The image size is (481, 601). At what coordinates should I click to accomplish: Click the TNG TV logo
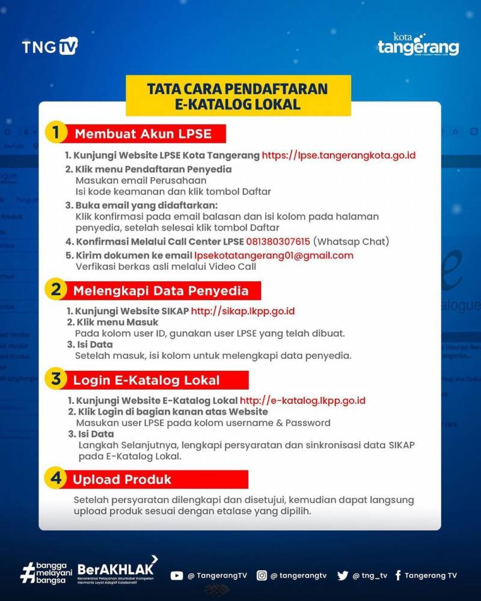tap(50, 46)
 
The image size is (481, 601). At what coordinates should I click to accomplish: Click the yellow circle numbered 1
tap(55, 132)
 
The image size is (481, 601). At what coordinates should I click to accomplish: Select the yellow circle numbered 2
tap(55, 290)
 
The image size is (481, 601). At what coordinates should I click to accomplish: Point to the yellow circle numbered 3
tap(55, 379)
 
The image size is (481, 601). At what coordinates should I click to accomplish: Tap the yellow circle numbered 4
tap(55, 478)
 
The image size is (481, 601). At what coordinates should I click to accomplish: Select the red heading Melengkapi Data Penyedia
tap(161, 291)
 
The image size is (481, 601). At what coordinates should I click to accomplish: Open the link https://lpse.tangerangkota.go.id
tap(339, 155)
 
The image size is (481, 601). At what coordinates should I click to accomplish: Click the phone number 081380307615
tap(278, 242)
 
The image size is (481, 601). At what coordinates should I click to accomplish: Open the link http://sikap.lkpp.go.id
tap(242, 311)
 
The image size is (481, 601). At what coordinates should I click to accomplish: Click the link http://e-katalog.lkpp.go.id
tap(302, 400)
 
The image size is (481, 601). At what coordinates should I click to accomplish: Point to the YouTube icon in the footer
tap(176, 575)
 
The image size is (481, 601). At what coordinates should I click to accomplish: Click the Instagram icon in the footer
tap(262, 575)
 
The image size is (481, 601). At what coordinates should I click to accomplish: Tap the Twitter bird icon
tap(343, 575)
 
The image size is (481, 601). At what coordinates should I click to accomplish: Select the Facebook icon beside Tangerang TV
tap(398, 575)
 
